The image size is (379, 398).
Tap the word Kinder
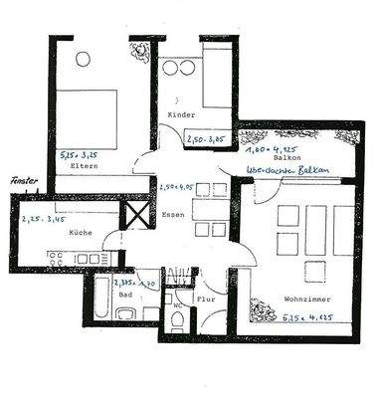181,116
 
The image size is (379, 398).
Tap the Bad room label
124,295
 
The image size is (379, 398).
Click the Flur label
207,298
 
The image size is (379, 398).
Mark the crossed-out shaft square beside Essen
134,214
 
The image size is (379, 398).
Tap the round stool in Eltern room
83,59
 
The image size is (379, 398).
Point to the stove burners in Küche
59,258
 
